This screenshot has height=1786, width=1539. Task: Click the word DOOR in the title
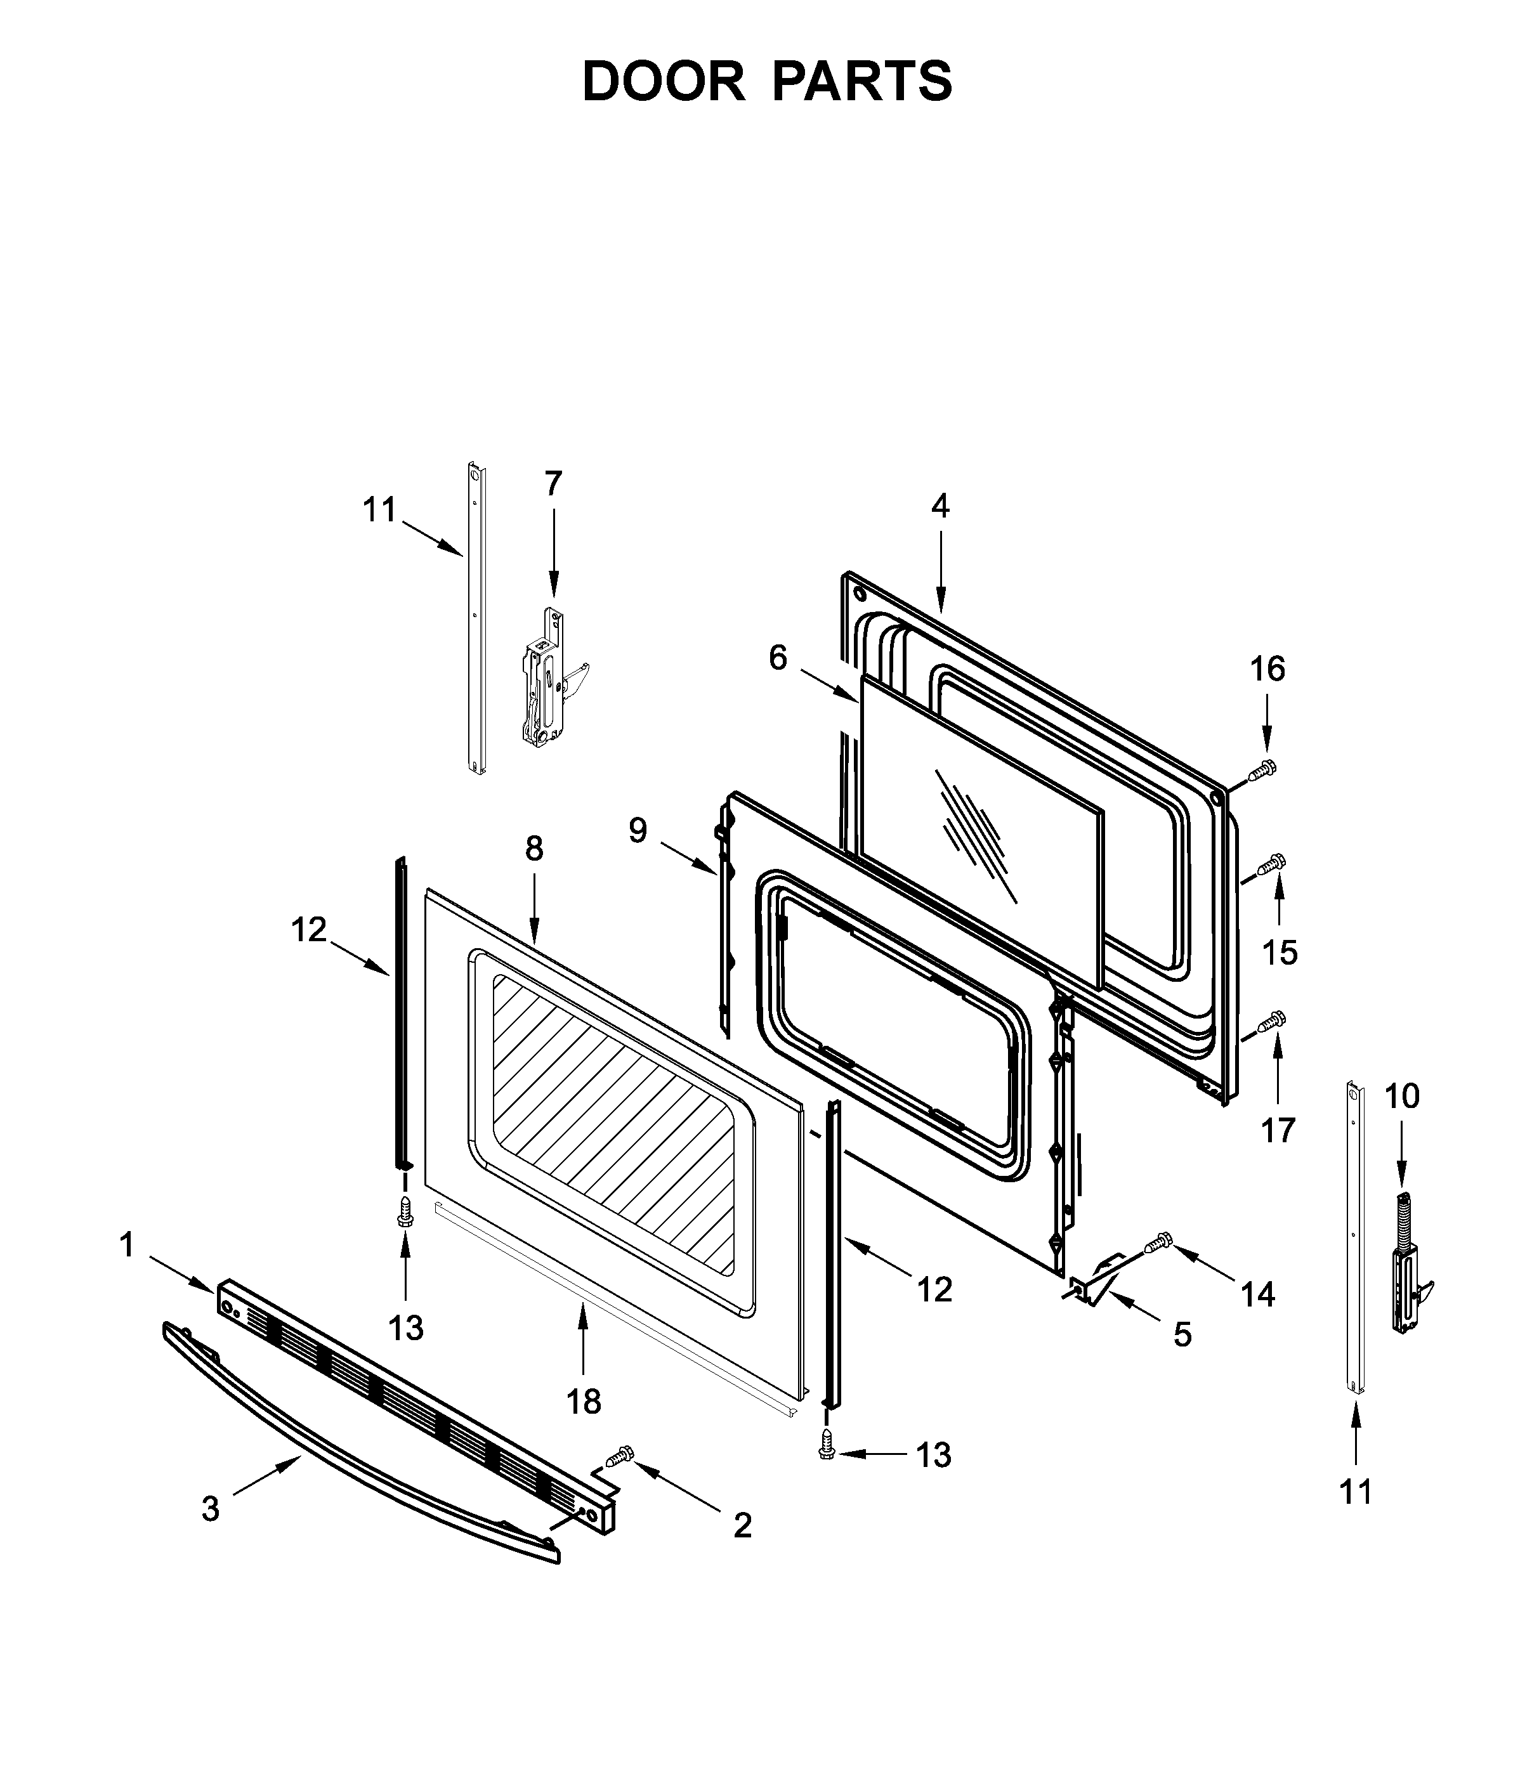(663, 82)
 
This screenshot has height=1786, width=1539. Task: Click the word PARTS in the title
(862, 82)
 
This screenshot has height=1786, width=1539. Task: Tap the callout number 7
(553, 483)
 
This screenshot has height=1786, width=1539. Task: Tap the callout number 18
(584, 1402)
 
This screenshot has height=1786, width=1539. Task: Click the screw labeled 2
(620, 1457)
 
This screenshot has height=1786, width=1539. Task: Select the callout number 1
(127, 1245)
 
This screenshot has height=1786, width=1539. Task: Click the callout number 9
(637, 830)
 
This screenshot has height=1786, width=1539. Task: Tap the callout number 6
(778, 658)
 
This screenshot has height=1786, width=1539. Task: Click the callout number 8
(535, 849)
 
